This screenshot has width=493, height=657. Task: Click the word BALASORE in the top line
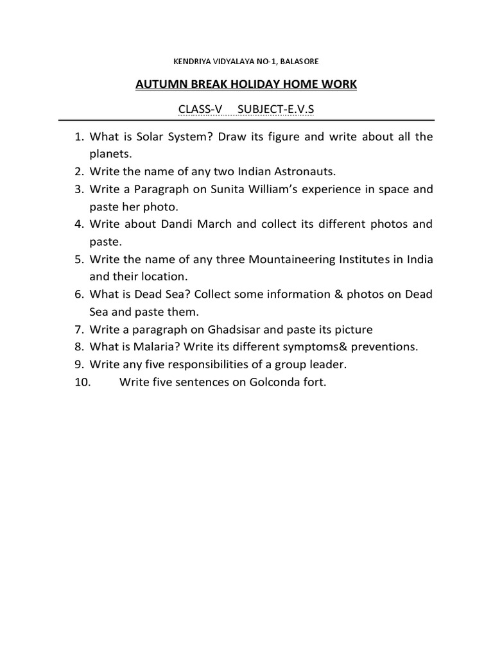(296, 62)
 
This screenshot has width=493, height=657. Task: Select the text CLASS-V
(200, 110)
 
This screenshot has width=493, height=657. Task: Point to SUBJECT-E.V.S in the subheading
(276, 110)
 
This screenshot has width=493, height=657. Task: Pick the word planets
(110, 154)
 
